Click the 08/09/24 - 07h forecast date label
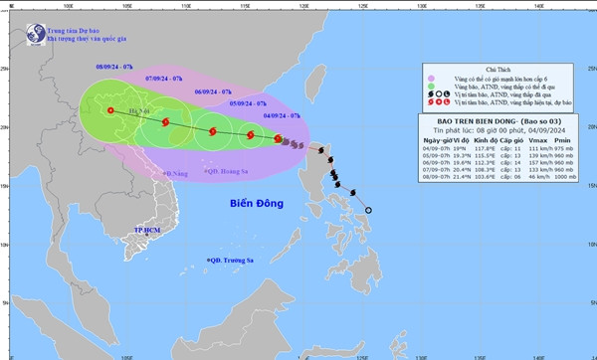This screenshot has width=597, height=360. [115, 65]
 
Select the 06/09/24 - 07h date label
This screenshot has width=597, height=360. [215, 90]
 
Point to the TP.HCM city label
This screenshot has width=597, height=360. [148, 230]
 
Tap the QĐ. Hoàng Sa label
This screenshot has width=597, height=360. [228, 171]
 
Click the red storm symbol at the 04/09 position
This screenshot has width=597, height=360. [280, 140]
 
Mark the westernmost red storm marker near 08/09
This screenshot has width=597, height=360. [108, 111]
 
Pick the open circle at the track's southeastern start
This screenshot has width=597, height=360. [368, 210]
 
